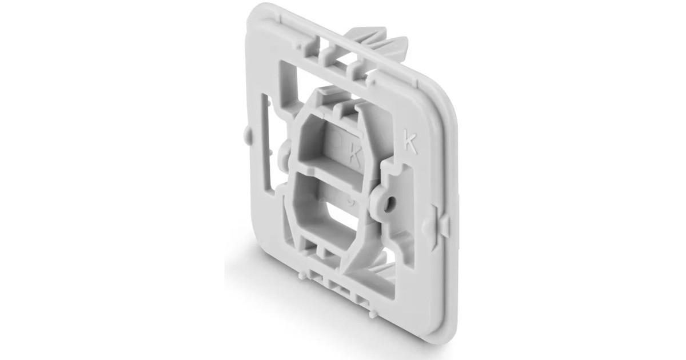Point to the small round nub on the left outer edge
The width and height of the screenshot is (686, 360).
tap(245, 135)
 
